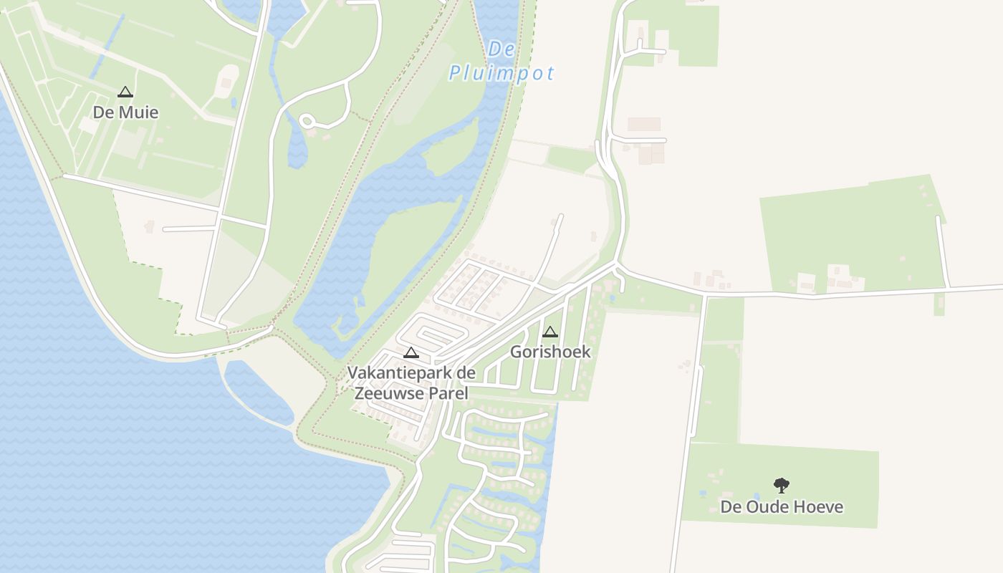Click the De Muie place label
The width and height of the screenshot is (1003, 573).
(x=125, y=112)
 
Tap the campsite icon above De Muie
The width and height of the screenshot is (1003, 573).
(x=125, y=92)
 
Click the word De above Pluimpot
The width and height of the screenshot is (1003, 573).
(x=501, y=49)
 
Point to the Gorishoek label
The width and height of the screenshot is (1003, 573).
(x=550, y=352)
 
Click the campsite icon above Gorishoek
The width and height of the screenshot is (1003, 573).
(x=550, y=332)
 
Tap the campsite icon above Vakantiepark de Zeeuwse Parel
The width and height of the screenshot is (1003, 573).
(x=411, y=352)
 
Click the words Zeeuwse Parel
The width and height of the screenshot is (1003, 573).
(x=411, y=393)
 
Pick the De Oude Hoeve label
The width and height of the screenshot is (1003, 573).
(x=782, y=507)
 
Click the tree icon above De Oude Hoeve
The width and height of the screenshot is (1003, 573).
(x=782, y=486)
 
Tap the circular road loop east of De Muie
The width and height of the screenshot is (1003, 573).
(x=308, y=122)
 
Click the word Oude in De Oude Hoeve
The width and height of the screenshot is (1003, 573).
(x=771, y=507)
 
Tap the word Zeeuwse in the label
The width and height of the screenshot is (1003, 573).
(x=391, y=393)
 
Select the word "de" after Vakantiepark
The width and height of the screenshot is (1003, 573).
(x=466, y=373)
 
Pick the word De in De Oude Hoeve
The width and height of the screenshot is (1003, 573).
(x=730, y=507)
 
